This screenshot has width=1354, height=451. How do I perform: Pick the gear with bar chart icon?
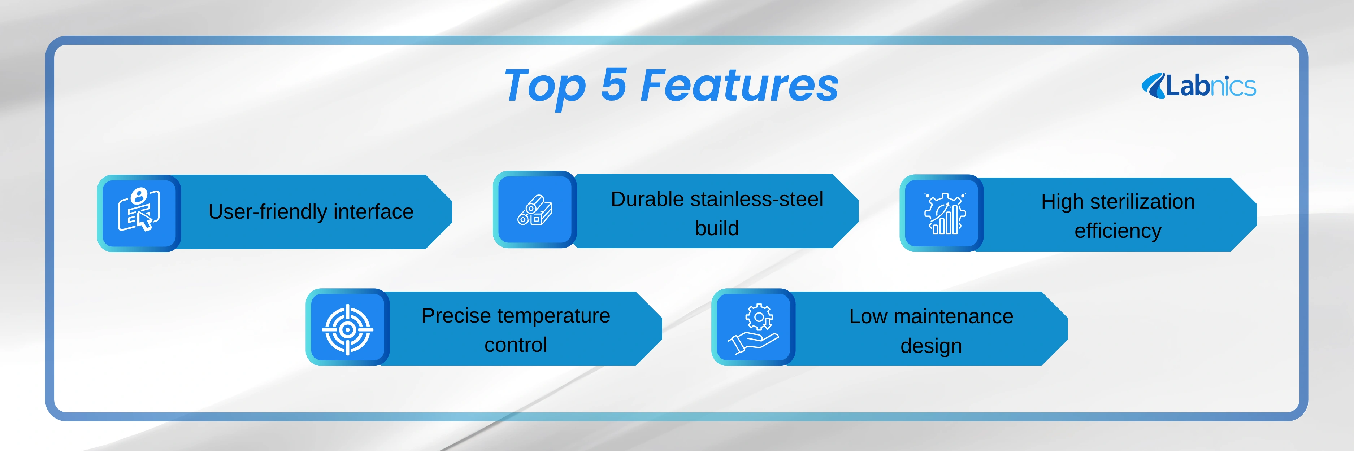point(945,213)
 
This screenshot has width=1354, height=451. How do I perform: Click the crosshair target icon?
point(347,330)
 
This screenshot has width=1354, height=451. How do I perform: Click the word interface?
point(373,211)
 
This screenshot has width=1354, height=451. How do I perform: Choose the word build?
point(717,228)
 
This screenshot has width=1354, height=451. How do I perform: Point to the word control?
point(516,345)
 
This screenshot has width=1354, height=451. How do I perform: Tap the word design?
point(932,346)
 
